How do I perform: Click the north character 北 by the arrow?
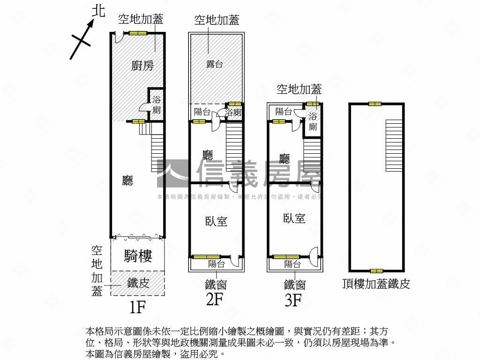(97, 12)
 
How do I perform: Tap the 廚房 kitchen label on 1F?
(142, 66)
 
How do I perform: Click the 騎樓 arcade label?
(138, 255)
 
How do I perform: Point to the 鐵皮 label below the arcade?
(138, 283)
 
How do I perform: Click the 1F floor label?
(138, 307)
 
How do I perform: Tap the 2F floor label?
(215, 299)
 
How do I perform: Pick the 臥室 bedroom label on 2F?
(217, 221)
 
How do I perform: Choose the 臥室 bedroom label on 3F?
(294, 218)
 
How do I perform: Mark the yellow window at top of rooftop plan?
(375, 104)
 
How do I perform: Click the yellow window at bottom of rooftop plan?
(376, 271)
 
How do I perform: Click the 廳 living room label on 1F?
(127, 181)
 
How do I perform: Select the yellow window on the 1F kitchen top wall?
(138, 33)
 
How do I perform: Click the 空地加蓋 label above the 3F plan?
(299, 89)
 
